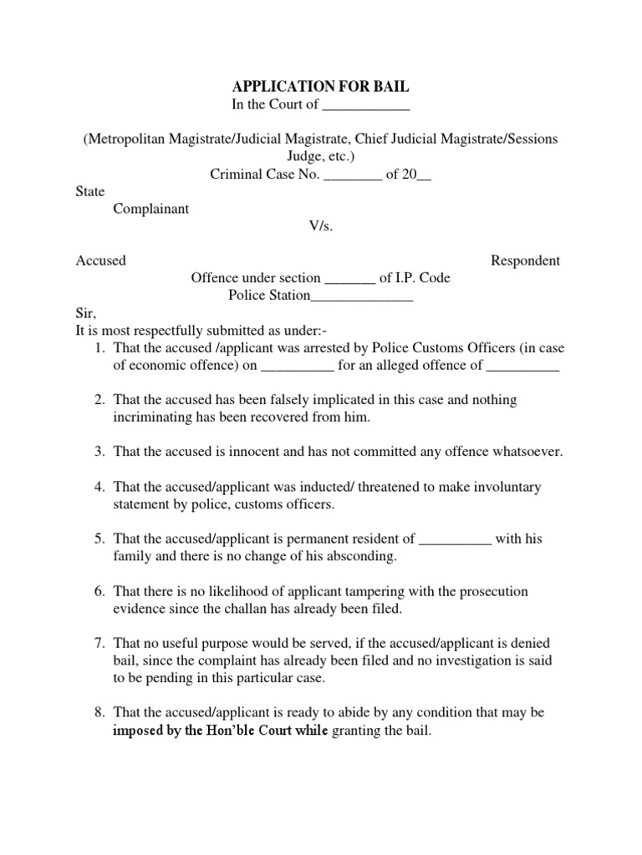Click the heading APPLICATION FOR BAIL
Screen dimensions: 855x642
tap(320, 87)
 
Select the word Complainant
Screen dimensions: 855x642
tap(151, 209)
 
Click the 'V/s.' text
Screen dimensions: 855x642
tap(321, 225)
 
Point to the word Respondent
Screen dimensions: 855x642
tap(525, 261)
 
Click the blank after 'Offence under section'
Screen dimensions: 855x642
tap(349, 278)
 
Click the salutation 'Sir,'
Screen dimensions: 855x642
tap(86, 313)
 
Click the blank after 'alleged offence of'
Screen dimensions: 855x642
tap(522, 365)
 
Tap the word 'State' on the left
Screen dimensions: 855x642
tap(90, 191)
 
